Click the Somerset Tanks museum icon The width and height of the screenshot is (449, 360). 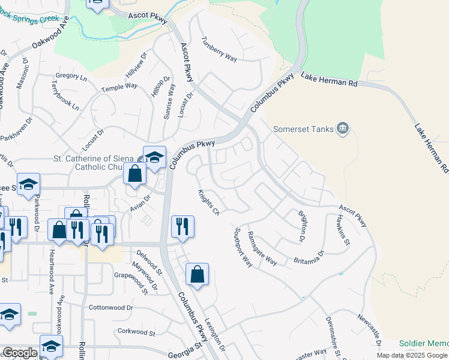pos(343,128)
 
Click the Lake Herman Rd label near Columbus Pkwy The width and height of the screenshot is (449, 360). pos(329,80)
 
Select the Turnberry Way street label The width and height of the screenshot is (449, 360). pos(220,49)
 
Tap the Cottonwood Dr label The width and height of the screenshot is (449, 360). pos(110,307)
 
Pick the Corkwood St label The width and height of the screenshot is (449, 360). pos(136,332)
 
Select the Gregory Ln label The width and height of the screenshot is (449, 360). pos(71,76)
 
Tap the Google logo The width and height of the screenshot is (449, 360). pos(19,353)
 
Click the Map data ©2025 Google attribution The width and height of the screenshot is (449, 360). pos(411,355)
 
